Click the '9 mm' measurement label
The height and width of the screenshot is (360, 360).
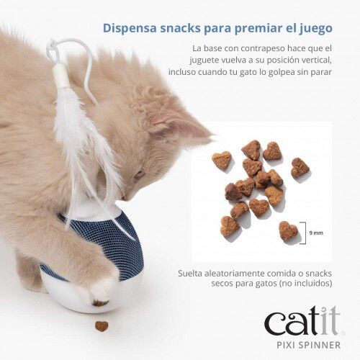pos(316,233)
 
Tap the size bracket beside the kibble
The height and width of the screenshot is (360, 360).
pos(303,233)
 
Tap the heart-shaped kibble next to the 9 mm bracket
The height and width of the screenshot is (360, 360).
pos(287,230)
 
